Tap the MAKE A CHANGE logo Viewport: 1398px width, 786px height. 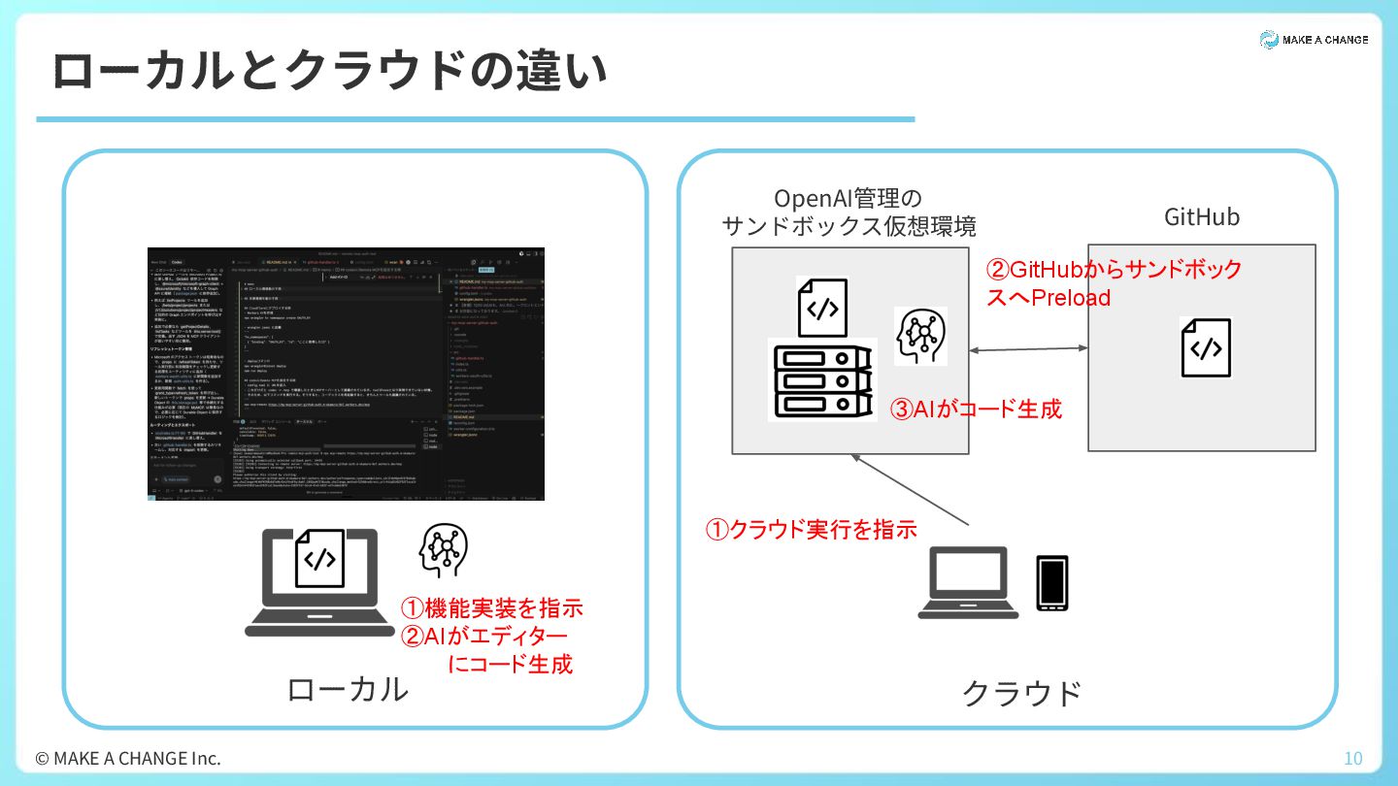(1314, 40)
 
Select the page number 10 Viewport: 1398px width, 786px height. (1352, 758)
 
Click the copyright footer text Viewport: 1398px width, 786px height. (128, 758)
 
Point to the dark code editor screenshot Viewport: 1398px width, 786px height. (346, 374)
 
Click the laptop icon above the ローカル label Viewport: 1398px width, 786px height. (319, 582)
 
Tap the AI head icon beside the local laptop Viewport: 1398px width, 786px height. (443, 550)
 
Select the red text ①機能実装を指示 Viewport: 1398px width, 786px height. (492, 608)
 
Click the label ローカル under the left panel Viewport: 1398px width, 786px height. (347, 689)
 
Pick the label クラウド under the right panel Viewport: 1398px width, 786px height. (1021, 693)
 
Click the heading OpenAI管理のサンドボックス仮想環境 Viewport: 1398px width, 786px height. (849, 213)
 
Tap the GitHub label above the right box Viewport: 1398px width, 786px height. (1202, 216)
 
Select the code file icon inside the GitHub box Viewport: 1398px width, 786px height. (1206, 347)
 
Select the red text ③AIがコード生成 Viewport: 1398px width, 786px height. (977, 409)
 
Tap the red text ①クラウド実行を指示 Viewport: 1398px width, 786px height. (811, 529)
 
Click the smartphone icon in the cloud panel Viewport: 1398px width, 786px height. (1051, 583)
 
